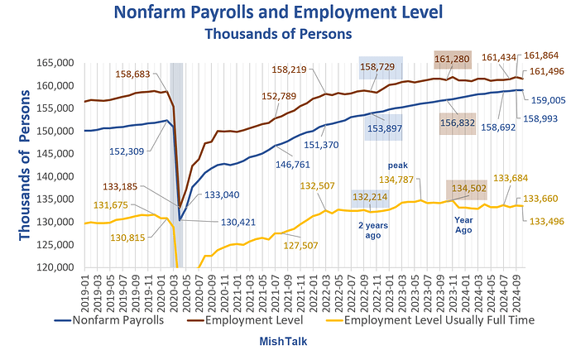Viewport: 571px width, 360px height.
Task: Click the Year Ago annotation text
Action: click(463, 225)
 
